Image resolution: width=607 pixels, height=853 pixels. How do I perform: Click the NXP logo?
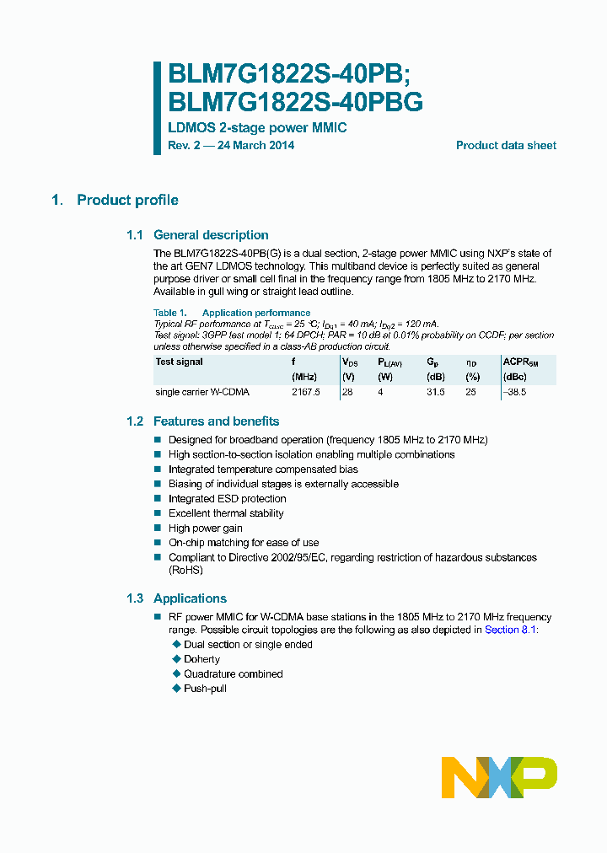(x=499, y=777)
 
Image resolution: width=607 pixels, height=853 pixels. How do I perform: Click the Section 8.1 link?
(x=510, y=630)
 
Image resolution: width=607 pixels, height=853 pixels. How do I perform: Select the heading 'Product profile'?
(x=127, y=200)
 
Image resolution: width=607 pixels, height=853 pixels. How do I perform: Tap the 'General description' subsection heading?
(x=211, y=235)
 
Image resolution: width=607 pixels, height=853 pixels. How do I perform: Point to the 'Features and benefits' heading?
(x=216, y=421)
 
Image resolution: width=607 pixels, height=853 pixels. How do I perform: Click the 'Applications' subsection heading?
(x=190, y=598)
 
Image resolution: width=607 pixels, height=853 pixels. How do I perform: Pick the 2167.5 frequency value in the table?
(x=306, y=392)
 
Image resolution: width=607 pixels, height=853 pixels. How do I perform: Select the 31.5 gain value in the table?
(x=435, y=392)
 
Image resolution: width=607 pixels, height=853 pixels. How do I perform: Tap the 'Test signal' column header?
(x=179, y=362)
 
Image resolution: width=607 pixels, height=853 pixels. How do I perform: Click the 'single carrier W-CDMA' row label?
(x=202, y=392)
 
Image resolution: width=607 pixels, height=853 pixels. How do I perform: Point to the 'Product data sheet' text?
(x=506, y=146)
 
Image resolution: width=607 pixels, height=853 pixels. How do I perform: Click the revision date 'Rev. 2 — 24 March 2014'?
(x=231, y=146)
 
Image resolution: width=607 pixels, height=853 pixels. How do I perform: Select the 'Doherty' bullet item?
(x=201, y=659)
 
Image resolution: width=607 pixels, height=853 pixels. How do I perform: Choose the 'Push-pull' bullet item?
(x=205, y=689)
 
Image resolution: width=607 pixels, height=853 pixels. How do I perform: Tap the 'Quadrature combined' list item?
(x=233, y=674)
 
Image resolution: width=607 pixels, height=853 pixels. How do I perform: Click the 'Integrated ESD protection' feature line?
(x=227, y=499)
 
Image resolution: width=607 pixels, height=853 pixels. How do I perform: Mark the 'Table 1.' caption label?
(x=169, y=313)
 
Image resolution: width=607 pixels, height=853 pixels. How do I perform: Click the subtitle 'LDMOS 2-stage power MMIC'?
(x=257, y=128)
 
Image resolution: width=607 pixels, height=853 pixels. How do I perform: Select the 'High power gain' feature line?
(x=205, y=528)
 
